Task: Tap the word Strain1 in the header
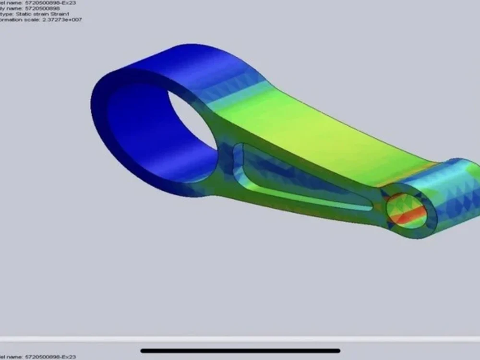pos(62,15)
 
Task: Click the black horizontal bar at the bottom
pos(240,351)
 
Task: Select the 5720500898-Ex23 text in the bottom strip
pos(50,357)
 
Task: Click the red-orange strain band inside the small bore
pos(408,214)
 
